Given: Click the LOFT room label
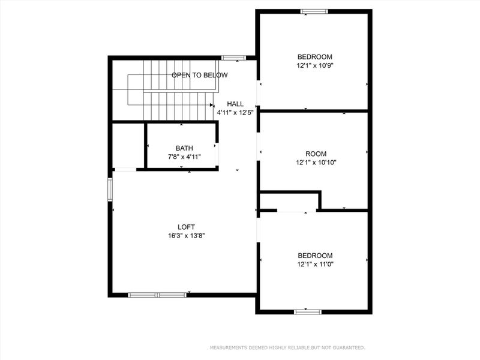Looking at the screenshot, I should click(x=186, y=227).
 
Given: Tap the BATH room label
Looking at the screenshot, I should click(x=184, y=148).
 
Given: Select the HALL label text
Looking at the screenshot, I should click(x=235, y=104).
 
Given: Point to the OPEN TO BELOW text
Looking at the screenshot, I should click(x=200, y=75).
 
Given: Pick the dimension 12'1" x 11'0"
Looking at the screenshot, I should click(x=314, y=263).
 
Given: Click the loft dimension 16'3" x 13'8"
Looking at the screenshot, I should click(x=186, y=235).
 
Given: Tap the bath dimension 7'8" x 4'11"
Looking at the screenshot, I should click(x=184, y=157).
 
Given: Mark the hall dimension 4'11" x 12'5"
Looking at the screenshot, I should click(x=235, y=112).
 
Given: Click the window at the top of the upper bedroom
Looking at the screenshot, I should click(x=314, y=11).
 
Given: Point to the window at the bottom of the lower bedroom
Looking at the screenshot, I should click(x=308, y=311).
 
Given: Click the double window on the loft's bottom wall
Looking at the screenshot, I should click(x=158, y=295).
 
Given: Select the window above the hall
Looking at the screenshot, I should click(x=233, y=58).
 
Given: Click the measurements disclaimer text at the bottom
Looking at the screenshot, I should click(x=286, y=347).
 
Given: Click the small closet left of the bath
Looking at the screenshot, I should click(x=128, y=146).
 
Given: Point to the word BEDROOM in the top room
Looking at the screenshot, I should click(x=314, y=57).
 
